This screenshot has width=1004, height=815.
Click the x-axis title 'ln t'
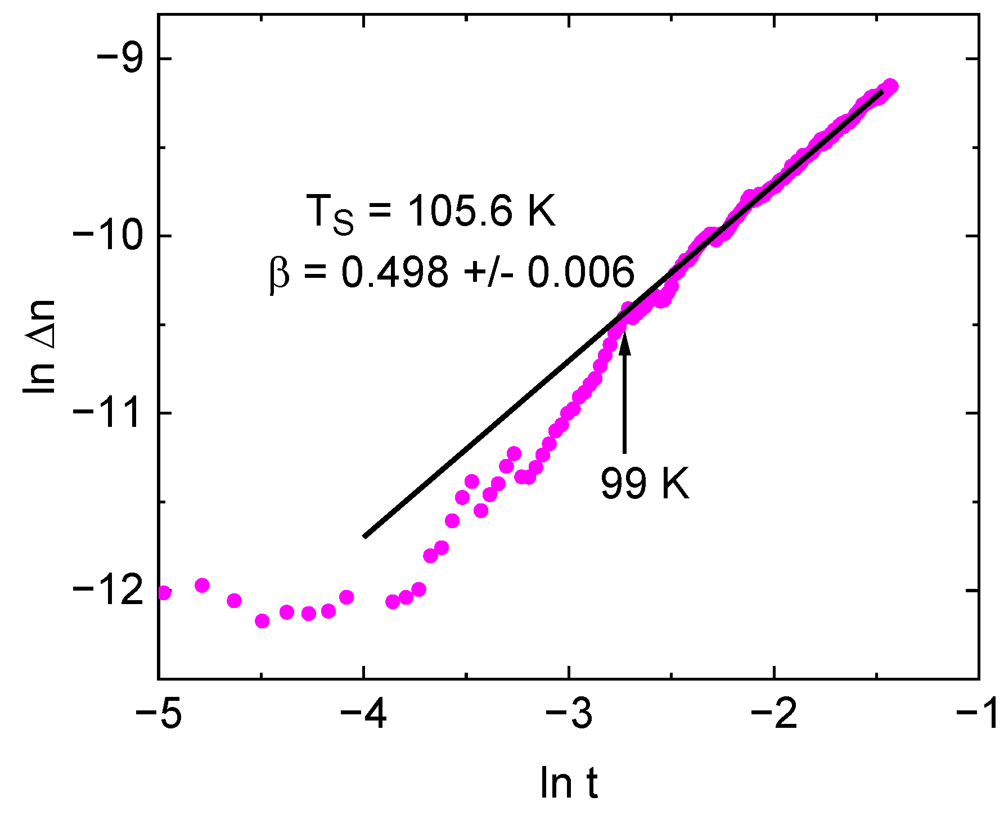tap(569, 782)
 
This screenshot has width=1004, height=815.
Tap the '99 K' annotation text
tap(645, 483)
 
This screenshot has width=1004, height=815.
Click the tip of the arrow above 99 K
tap(624, 336)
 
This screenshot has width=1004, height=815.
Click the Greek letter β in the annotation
tap(279, 273)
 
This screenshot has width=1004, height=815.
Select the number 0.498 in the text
tap(395, 272)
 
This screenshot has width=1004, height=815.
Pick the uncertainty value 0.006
tap(580, 272)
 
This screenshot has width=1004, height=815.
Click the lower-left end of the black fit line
tap(365, 537)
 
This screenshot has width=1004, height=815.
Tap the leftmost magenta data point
tap(163, 593)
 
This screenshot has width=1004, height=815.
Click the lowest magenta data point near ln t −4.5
tap(262, 621)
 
